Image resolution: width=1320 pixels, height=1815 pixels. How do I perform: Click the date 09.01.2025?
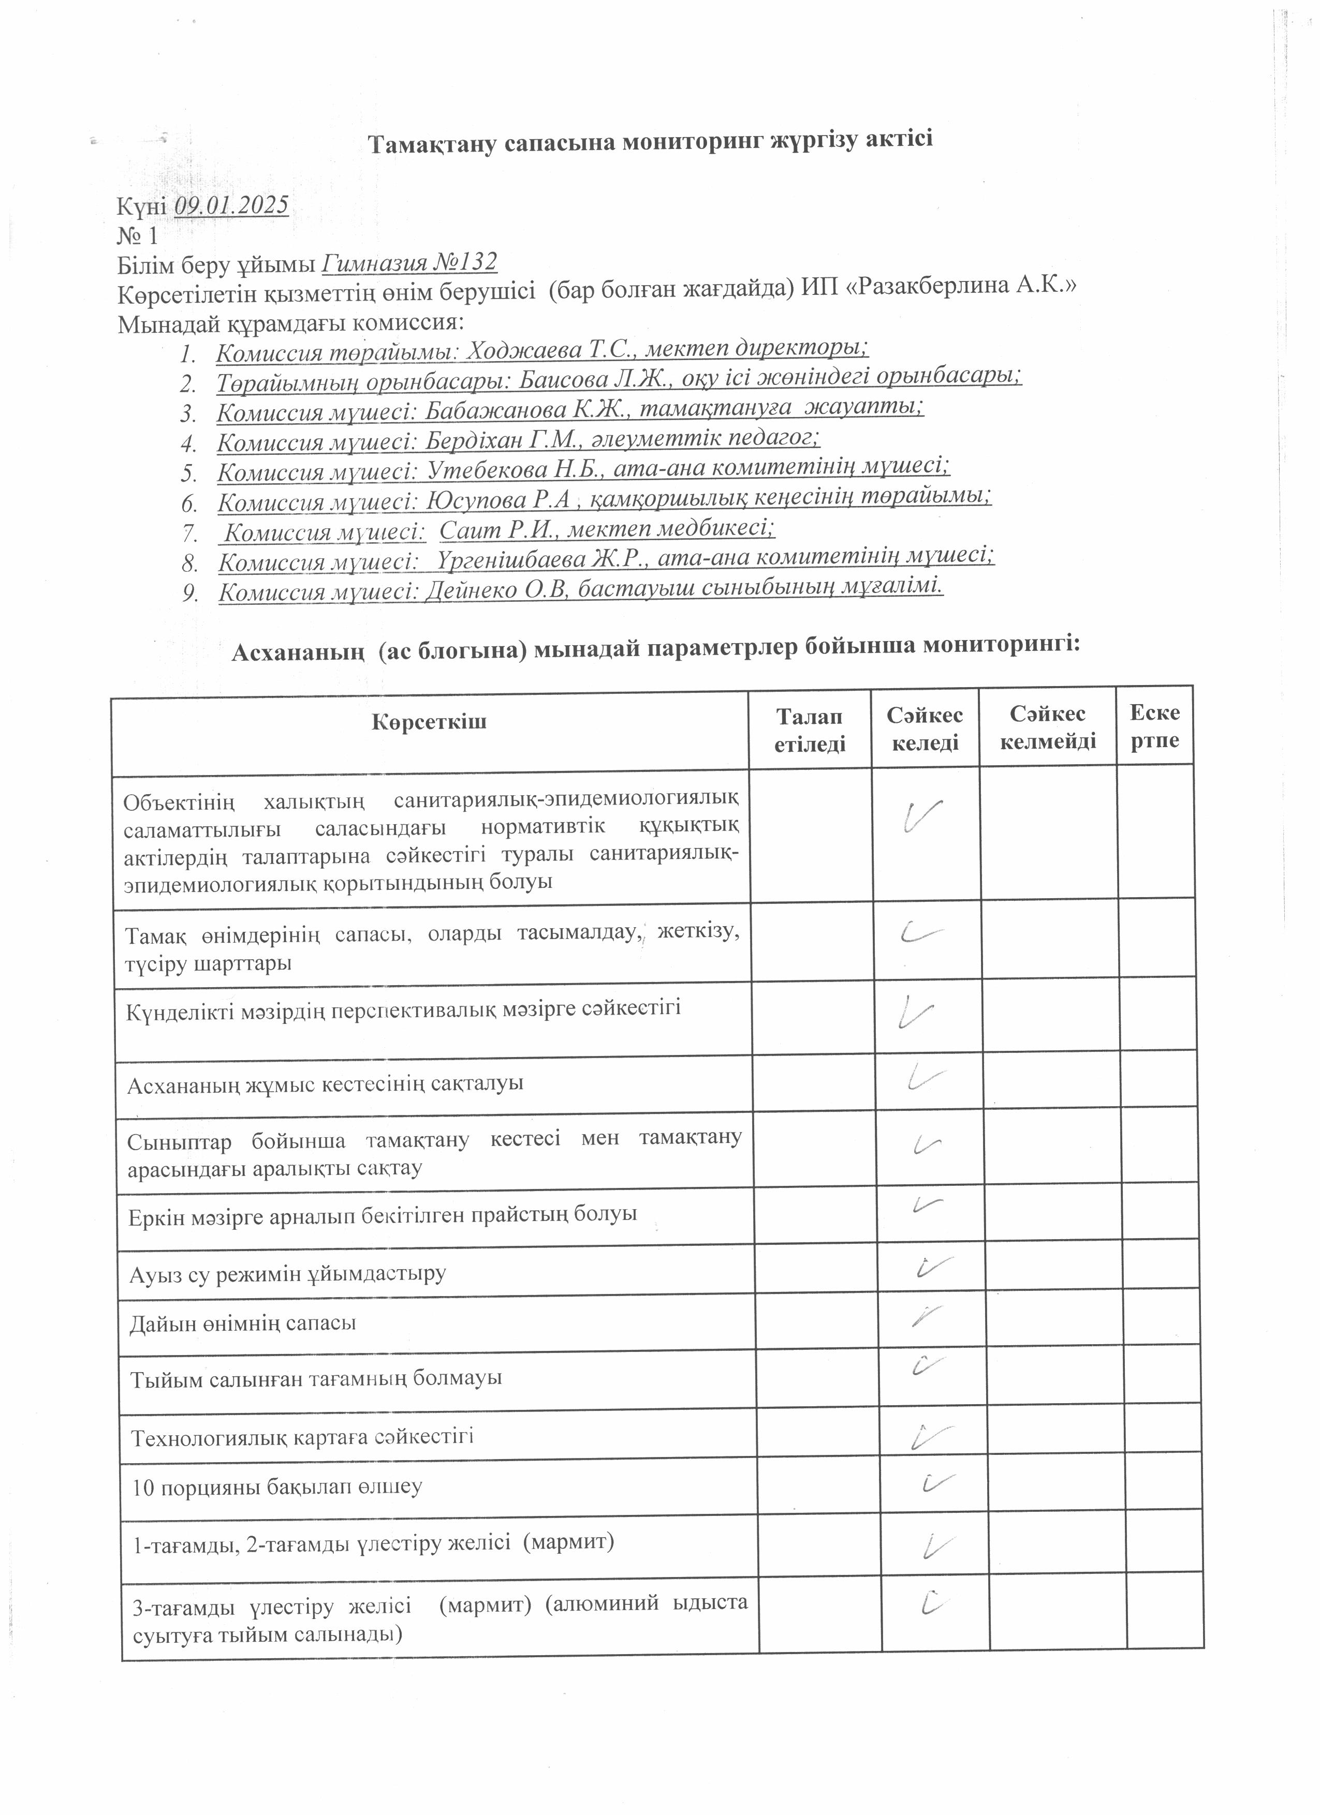coord(231,206)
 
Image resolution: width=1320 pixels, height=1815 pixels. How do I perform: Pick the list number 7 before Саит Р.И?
coord(189,532)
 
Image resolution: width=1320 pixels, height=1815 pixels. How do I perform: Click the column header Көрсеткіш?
coord(429,723)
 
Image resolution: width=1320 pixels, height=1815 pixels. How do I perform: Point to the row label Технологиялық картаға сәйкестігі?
coord(303,1436)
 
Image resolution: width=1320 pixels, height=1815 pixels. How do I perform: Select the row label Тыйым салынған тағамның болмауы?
coord(316,1378)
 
